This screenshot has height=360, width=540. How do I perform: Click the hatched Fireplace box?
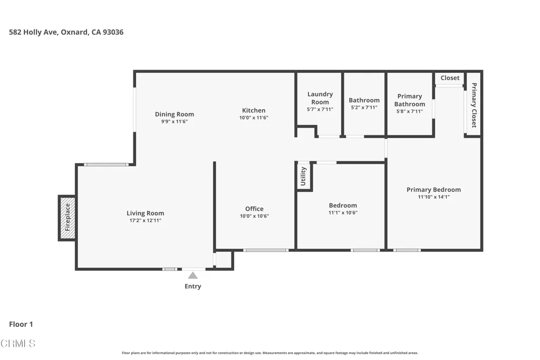[x=67, y=218]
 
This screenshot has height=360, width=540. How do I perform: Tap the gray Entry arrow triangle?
[x=193, y=275]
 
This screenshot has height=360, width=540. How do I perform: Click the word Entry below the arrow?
[x=193, y=286]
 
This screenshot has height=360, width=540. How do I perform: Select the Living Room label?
[x=146, y=213]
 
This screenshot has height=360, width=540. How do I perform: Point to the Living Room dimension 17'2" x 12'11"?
[x=146, y=221]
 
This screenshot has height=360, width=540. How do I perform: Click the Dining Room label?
[x=174, y=114]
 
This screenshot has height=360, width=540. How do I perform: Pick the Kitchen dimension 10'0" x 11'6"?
[x=254, y=118]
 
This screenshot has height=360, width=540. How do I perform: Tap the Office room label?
[x=255, y=209]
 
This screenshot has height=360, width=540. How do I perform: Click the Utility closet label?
[x=303, y=176]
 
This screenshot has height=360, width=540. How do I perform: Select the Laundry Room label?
[x=320, y=98]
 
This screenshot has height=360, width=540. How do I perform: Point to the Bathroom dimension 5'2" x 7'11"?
[x=364, y=108]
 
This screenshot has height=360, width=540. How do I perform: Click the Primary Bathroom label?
[x=409, y=100]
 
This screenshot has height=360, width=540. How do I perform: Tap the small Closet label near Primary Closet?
[x=450, y=78]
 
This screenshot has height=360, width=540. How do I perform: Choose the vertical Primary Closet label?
[x=474, y=105]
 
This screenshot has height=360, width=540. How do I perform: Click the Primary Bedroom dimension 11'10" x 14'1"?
[x=433, y=197]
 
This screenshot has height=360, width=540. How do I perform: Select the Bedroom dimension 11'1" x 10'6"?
[x=343, y=213]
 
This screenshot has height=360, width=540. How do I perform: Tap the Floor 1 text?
[x=21, y=324]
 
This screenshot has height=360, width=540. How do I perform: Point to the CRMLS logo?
[x=18, y=343]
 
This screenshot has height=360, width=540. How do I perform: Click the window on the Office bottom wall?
[x=266, y=250]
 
